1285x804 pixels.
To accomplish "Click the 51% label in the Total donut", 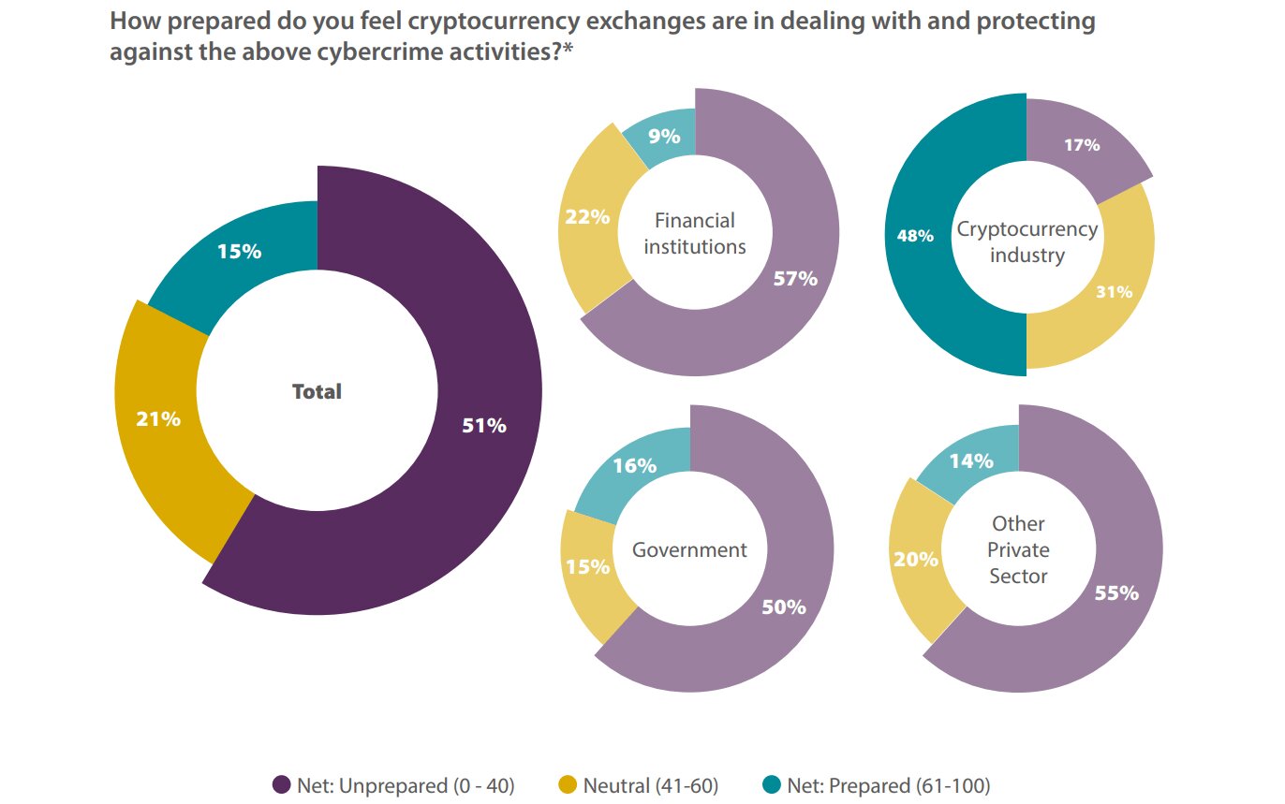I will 484,426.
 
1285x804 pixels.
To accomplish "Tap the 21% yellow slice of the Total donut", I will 158,418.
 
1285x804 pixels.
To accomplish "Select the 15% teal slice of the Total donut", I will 239,252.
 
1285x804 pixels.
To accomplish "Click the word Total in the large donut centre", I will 317,391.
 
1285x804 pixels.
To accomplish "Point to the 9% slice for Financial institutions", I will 663,137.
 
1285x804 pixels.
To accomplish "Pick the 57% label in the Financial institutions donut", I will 795,278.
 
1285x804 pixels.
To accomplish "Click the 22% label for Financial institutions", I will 586,217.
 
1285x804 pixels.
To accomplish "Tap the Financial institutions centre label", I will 694,233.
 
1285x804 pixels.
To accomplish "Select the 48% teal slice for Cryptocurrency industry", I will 914,236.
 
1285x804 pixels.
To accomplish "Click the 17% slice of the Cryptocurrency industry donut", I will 1082,145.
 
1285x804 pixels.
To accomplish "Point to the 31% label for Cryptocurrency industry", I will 1114,291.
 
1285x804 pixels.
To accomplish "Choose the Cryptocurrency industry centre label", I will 1027,241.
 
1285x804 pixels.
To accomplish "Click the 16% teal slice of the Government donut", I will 634,465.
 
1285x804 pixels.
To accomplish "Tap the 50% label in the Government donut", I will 783,607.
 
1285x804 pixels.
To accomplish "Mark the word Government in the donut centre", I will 689,549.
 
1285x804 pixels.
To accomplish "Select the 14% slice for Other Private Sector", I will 970,460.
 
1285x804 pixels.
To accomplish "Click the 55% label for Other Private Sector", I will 1116,592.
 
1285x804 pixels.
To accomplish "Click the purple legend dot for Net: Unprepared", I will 280,784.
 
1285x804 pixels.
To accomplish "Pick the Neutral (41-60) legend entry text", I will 650,785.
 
